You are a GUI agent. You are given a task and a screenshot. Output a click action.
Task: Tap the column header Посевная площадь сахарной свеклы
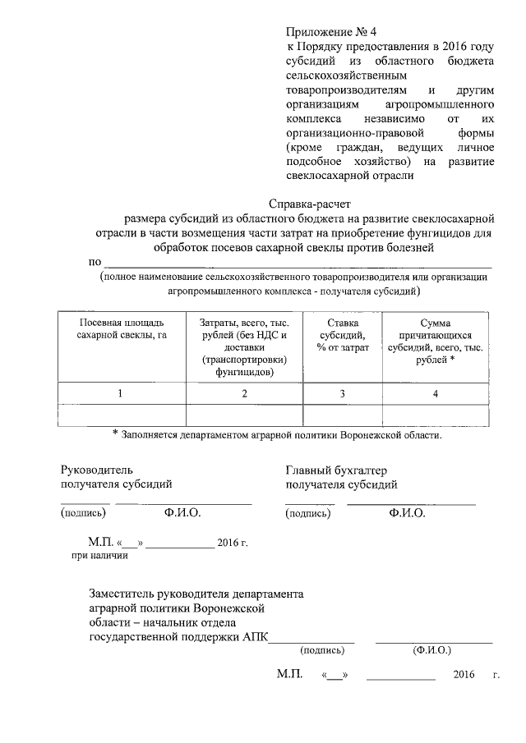(121, 329)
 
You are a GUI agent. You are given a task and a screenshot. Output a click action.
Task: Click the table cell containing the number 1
(121, 394)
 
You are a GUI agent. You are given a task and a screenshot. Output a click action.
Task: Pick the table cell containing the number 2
(244, 394)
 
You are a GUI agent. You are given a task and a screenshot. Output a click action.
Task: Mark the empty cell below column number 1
(121, 415)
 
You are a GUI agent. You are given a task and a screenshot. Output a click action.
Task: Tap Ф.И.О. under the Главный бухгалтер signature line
(407, 513)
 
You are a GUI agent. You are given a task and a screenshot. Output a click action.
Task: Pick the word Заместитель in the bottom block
(124, 594)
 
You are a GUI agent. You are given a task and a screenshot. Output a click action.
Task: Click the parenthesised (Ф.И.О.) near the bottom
(432, 649)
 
